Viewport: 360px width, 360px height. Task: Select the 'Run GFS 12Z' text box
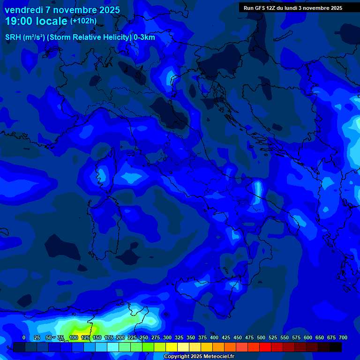(293, 8)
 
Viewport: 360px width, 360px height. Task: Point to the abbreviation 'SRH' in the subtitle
(13, 37)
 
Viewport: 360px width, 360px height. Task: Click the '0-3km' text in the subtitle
(144, 37)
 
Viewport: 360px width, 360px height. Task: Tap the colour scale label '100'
(74, 337)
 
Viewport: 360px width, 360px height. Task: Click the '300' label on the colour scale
(167, 337)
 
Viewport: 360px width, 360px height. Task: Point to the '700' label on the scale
(343, 337)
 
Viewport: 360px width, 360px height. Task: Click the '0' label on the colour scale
(24, 337)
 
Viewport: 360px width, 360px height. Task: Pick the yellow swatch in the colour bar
(172, 347)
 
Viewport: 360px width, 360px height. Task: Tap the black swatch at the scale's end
(336, 347)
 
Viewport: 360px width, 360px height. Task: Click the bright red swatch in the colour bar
(265, 347)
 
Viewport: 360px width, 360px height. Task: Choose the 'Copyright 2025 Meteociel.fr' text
(199, 357)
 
